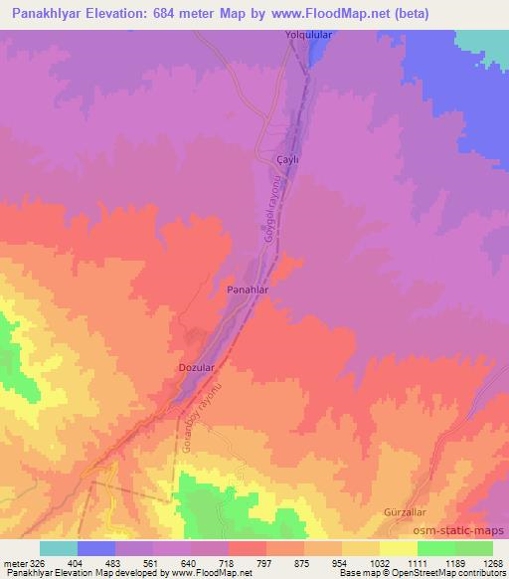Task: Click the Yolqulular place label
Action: point(308,36)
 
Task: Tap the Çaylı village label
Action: point(286,159)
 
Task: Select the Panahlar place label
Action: point(249,289)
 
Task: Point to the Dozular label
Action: point(196,368)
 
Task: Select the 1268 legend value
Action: point(493,562)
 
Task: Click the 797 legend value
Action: point(265,562)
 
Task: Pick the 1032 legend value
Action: point(379,562)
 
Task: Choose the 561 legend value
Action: point(151,562)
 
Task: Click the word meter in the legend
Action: point(14,562)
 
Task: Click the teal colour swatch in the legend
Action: point(59,548)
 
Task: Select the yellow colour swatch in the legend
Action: point(399,548)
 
